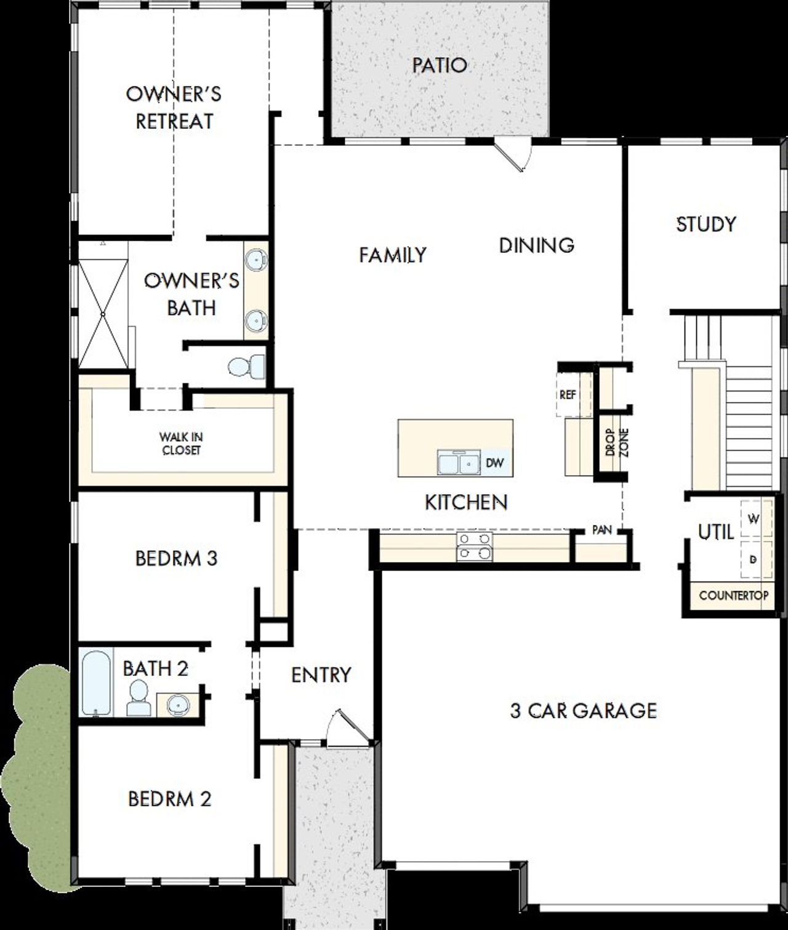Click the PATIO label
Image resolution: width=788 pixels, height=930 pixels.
coord(439,65)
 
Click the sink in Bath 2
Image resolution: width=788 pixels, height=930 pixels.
coord(177,704)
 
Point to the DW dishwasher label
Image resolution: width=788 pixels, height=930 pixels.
coord(494,463)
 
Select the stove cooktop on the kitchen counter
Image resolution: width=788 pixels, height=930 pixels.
coord(474,547)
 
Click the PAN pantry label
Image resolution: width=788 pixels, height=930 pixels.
coord(601,529)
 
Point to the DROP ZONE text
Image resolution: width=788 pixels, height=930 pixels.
coord(616,441)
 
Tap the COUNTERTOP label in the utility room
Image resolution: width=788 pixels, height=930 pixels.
coord(733,596)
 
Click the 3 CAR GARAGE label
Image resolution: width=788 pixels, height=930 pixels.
coord(583,711)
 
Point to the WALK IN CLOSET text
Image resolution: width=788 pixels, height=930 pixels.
coord(181,444)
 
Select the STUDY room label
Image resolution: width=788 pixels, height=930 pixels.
coord(706,224)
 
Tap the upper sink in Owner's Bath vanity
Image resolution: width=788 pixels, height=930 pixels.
coord(255,261)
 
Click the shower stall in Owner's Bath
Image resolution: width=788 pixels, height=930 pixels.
coord(102,314)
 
